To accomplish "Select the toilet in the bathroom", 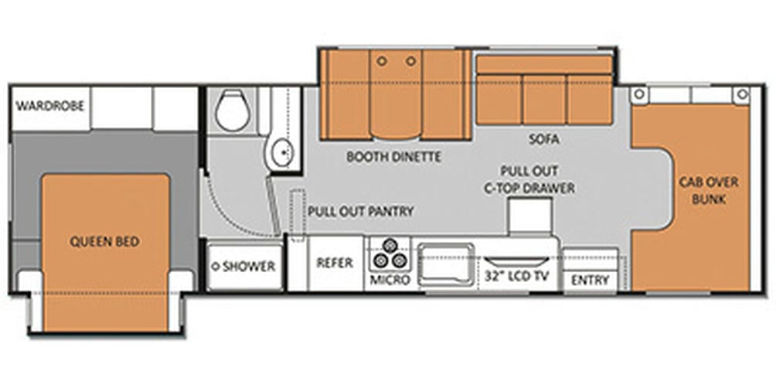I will [x=232, y=111].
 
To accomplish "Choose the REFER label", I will [x=335, y=263].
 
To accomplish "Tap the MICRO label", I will [x=390, y=280].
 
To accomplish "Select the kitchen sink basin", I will [x=446, y=265].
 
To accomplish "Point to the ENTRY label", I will [x=590, y=280].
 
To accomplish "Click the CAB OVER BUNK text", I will [x=709, y=190].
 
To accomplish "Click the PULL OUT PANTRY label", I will [x=361, y=211].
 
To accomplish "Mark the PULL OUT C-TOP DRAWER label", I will [x=529, y=179].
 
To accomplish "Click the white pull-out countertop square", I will [x=529, y=214].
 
